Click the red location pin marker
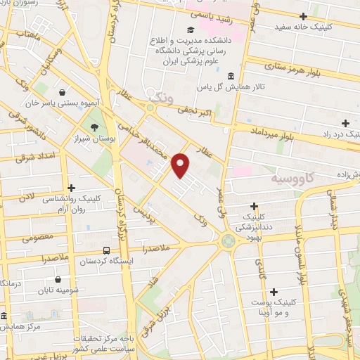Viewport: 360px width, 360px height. coord(181,165)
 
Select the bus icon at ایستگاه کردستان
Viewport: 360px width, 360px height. coord(106,250)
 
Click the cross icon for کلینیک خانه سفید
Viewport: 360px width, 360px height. coord(303,16)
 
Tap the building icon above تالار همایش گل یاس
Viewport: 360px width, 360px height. coord(231,75)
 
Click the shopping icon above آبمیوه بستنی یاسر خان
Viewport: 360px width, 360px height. coord(63,92)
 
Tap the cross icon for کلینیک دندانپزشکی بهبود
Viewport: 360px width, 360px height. coord(255,205)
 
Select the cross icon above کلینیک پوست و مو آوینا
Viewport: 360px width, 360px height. coord(274,291)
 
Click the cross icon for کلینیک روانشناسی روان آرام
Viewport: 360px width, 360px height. coord(71,188)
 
